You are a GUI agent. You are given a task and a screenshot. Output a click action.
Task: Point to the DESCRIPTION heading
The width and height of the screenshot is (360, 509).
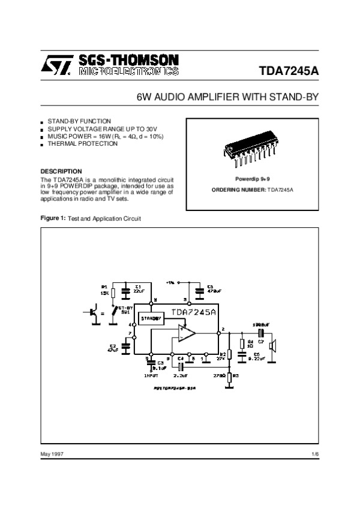point(61,171)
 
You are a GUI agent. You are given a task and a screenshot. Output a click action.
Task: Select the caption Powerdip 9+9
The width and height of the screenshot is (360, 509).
point(251,179)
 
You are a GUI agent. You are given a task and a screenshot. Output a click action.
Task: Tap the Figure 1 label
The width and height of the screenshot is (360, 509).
point(52,218)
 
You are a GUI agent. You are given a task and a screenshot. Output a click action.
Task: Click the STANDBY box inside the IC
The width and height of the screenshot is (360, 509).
point(151,319)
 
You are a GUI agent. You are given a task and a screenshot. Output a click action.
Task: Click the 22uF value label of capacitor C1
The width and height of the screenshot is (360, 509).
point(139,291)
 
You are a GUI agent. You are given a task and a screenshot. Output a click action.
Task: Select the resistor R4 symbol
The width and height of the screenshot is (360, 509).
point(242,344)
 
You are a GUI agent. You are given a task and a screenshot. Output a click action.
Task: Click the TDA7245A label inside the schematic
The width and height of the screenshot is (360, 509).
point(193,312)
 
